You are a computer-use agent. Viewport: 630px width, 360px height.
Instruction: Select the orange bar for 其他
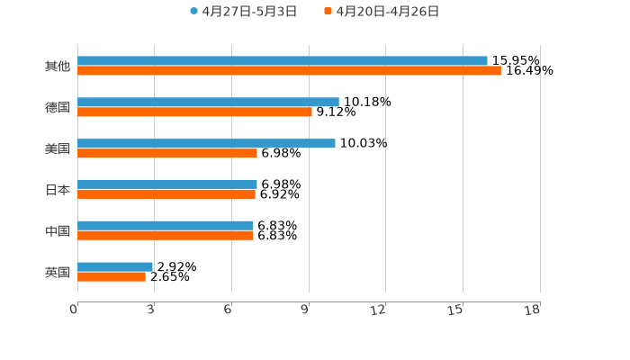[289, 71]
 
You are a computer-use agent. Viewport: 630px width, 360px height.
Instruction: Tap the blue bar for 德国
[208, 103]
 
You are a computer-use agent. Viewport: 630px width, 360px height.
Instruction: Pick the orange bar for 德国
[194, 112]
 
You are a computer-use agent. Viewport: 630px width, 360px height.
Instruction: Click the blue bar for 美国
[206, 144]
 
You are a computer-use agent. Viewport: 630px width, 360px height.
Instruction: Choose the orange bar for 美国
[167, 154]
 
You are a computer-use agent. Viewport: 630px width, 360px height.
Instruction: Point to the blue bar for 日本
[167, 184]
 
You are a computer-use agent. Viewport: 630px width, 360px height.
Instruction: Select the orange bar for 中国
[166, 236]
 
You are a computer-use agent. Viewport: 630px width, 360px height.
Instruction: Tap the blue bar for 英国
[115, 267]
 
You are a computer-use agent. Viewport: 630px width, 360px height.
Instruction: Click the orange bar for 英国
[112, 277]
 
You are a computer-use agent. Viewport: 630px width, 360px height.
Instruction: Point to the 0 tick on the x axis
[75, 310]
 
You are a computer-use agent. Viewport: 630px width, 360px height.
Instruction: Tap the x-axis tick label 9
[306, 310]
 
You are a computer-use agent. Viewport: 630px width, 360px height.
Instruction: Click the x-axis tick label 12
[379, 310]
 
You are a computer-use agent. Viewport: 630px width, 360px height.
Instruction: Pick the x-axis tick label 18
[533, 310]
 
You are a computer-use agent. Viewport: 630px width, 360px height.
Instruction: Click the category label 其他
[58, 67]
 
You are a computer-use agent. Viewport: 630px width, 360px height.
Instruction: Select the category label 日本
[58, 190]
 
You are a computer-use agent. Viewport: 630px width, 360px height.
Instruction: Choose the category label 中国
[58, 231]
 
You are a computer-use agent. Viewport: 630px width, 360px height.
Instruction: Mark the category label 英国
[58, 272]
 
